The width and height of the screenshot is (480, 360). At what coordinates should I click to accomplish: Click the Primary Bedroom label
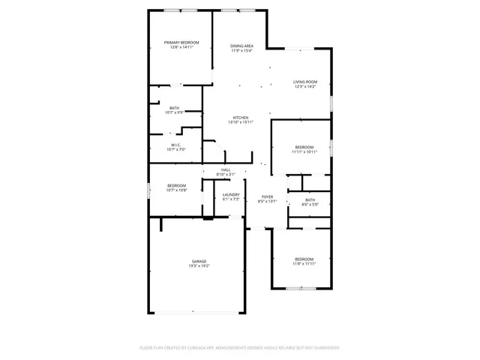click(x=181, y=43)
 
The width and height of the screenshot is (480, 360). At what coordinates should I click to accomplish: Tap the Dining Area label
click(x=241, y=46)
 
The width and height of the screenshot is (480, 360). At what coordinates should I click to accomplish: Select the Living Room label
click(x=305, y=82)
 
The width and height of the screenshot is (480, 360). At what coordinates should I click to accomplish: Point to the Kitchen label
click(x=241, y=118)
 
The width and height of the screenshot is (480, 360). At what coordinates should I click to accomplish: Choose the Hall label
click(x=226, y=170)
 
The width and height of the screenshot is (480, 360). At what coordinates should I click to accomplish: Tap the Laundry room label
click(x=231, y=195)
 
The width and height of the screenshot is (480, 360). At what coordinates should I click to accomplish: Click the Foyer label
click(x=268, y=196)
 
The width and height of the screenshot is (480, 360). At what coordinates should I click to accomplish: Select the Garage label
click(x=199, y=261)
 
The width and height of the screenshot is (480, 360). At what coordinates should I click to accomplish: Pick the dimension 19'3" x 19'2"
click(x=199, y=265)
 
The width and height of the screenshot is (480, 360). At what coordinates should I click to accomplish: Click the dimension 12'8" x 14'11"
click(x=181, y=47)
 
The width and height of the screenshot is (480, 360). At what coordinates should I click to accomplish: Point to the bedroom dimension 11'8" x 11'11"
click(x=304, y=263)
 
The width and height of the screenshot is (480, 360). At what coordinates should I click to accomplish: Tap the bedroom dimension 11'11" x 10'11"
click(x=304, y=151)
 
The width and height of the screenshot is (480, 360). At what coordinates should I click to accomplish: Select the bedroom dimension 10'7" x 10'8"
click(x=176, y=190)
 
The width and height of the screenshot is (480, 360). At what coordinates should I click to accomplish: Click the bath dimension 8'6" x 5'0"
click(x=310, y=204)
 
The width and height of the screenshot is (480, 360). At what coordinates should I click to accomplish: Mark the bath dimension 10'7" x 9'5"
click(x=174, y=112)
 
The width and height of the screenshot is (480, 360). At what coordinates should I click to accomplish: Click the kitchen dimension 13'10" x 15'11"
click(x=241, y=122)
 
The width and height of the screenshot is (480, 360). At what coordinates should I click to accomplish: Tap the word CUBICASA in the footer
click(x=193, y=348)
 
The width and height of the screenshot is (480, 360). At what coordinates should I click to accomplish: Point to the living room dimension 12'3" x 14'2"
click(x=305, y=86)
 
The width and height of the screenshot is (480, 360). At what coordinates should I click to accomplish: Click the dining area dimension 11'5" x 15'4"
click(x=241, y=50)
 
